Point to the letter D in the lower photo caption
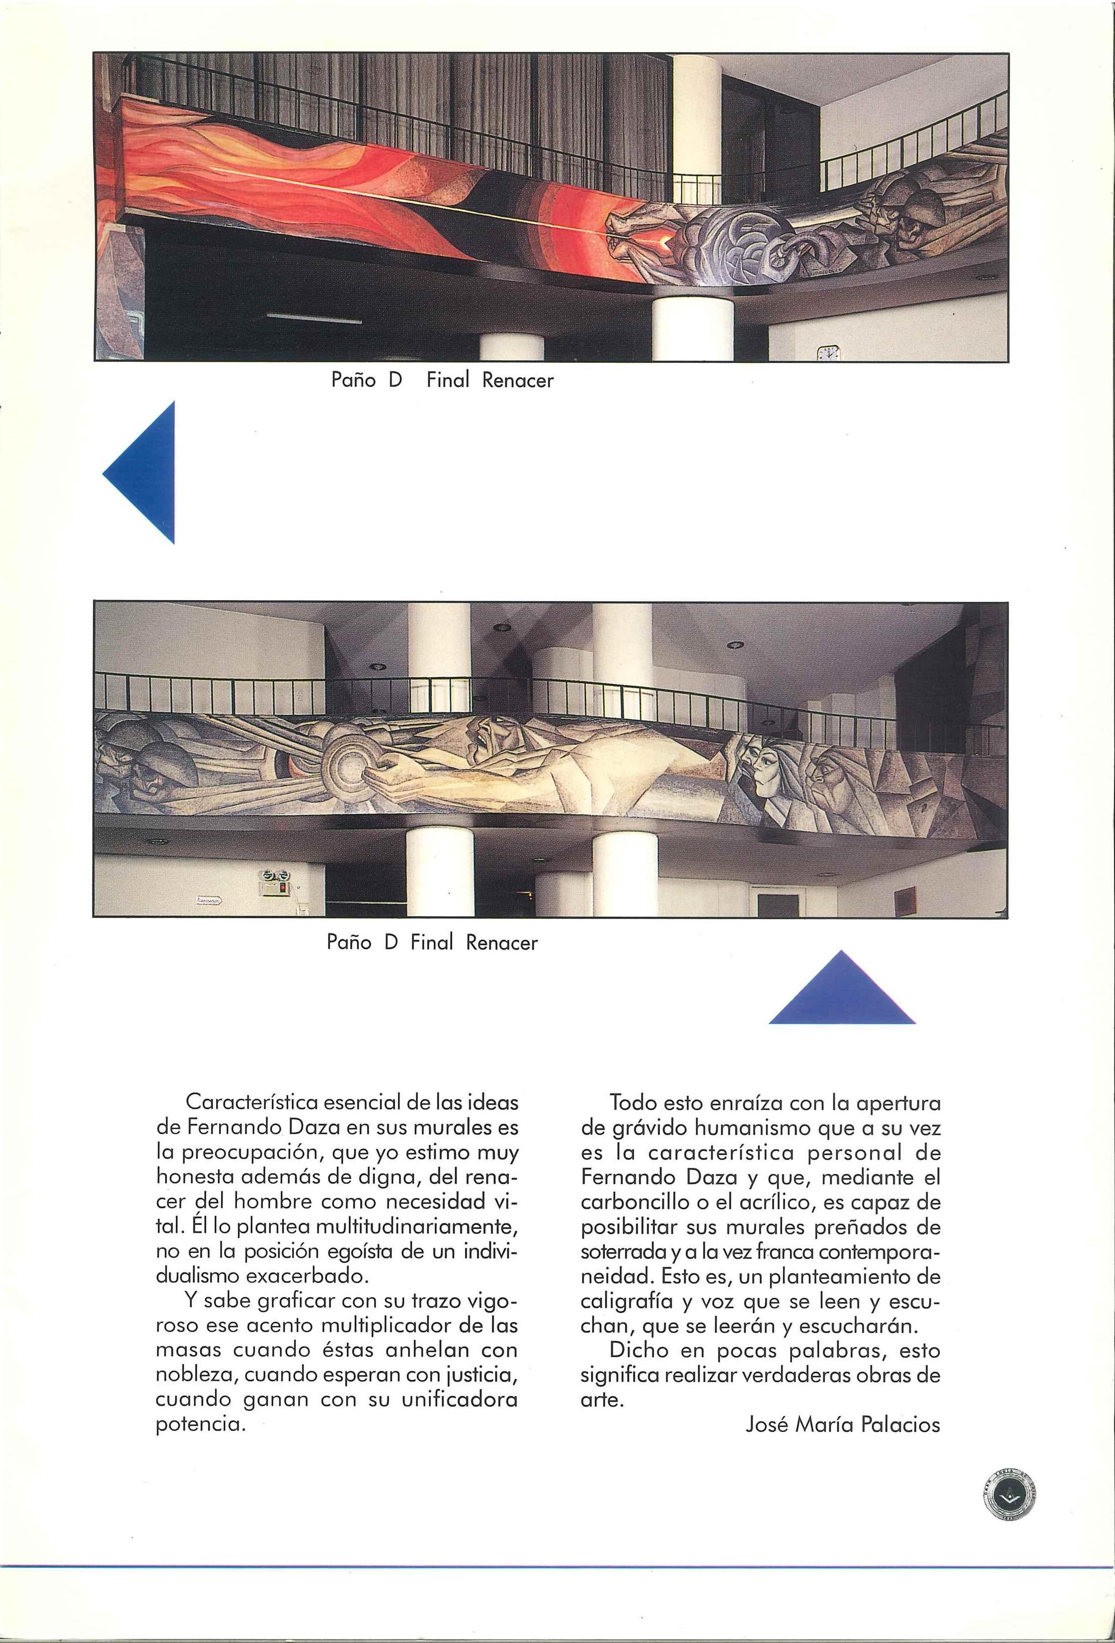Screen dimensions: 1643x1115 [394, 943]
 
